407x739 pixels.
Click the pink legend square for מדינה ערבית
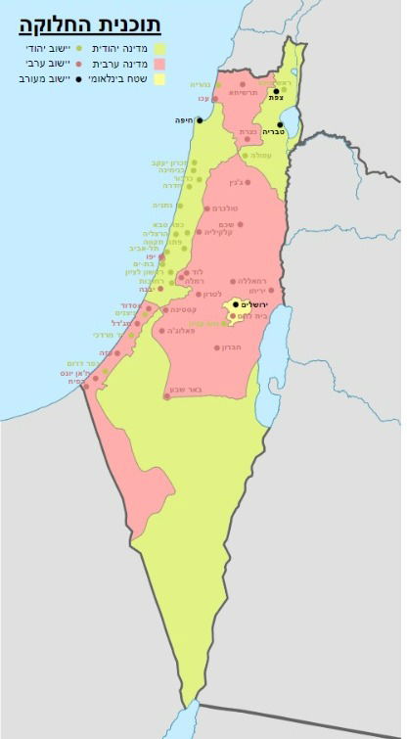pos(158,63)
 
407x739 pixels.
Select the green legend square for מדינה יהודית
pos(158,47)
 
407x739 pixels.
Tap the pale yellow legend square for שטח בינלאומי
pos(158,78)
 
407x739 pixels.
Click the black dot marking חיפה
pos(199,120)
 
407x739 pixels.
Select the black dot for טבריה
pos(279,125)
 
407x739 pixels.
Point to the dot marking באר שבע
pos(166,396)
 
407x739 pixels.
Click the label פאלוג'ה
pos(175,331)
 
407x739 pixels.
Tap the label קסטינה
pos(186,309)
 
